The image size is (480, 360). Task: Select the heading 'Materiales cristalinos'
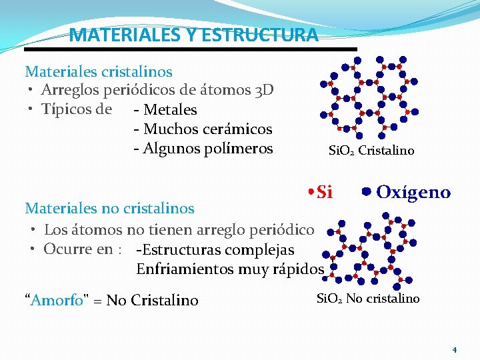tap(99, 71)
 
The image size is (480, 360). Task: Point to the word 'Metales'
tap(170, 109)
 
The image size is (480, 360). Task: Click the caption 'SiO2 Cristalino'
tap(371, 151)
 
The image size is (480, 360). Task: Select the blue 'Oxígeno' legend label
tap(413, 193)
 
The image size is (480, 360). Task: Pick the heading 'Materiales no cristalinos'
tap(109, 208)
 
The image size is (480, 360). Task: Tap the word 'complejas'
tap(260, 250)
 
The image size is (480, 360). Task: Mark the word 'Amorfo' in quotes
tap(56, 300)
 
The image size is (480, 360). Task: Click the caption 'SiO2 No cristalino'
tap(367, 299)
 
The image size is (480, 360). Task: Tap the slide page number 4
tap(454, 350)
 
